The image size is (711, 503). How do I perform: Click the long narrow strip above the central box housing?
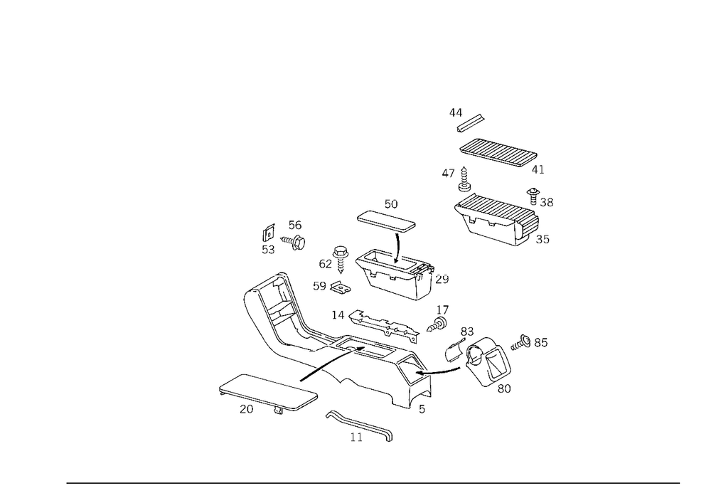point(385,219)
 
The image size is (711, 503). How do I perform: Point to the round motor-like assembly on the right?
point(483,359)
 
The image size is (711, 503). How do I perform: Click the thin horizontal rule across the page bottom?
point(373,482)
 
